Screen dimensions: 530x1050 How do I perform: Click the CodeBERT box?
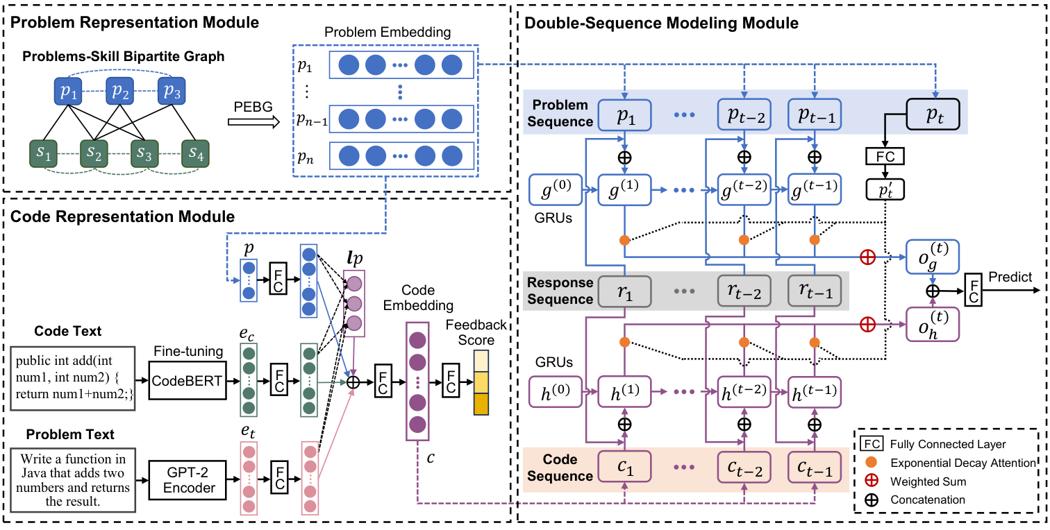[187, 380]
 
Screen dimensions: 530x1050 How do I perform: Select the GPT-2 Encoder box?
[187, 480]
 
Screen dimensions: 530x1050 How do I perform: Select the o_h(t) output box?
[932, 324]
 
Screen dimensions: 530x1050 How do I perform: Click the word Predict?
[1010, 277]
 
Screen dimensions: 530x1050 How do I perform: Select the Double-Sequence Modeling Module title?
[661, 23]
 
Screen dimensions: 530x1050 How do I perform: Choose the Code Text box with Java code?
[75, 380]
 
